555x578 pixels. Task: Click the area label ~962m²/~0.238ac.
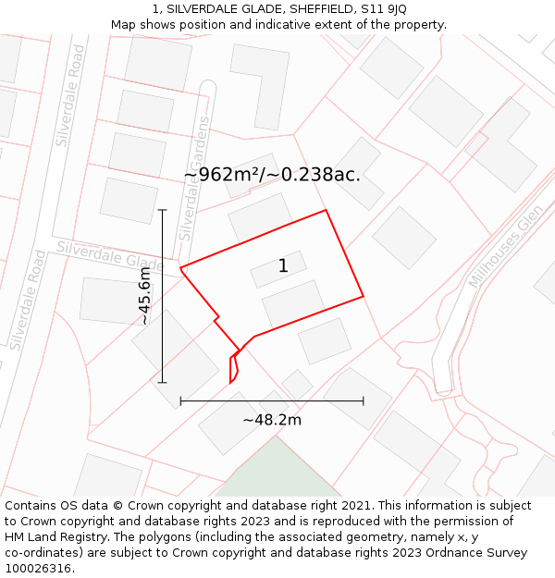tap(272, 174)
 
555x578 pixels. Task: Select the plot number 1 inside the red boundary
tap(283, 266)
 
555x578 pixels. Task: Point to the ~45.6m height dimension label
tap(144, 296)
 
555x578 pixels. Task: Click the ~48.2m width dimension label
tap(272, 420)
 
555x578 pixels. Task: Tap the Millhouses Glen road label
tap(505, 247)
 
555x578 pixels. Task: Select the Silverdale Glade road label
tap(109, 256)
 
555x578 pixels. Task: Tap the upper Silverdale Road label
tap(70, 97)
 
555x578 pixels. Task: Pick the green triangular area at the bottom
tap(276, 472)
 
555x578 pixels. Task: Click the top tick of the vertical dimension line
tap(162, 210)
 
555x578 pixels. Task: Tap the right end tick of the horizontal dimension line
tap(363, 400)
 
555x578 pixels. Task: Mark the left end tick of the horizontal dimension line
tap(180, 400)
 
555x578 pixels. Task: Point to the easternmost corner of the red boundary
tap(363, 296)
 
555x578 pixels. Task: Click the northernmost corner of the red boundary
tap(327, 210)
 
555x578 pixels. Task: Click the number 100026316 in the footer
tap(38, 568)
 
